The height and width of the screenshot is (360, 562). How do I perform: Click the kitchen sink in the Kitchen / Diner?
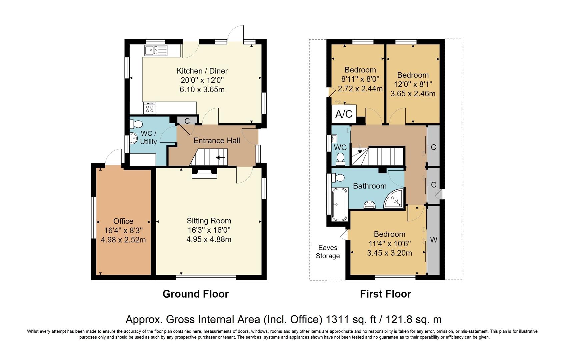pos(156,51)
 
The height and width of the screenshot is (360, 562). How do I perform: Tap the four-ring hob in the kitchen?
pos(150,108)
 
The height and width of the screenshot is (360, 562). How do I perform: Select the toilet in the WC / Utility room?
pos(136,124)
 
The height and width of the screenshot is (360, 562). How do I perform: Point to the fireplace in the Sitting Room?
pos(204,173)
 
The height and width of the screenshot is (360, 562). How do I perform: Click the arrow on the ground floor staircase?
pos(221,158)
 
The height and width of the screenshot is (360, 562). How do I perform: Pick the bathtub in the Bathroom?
pos(340,204)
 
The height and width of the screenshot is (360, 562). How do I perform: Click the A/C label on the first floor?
pos(344,114)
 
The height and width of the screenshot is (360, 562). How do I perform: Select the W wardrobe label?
pos(434,240)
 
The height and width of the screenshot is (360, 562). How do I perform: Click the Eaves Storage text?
pos(328,252)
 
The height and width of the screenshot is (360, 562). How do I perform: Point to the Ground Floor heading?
pos(195,294)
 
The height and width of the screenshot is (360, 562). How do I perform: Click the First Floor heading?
pos(385,294)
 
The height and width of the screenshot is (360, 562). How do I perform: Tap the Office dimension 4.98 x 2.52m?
pos(123,240)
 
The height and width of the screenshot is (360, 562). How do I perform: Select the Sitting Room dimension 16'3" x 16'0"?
pos(209,230)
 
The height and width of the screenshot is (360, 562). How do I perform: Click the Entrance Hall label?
pos(217,140)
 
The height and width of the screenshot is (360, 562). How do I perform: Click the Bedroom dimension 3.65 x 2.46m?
pos(413,94)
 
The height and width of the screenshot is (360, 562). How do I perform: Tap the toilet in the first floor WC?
pos(340,159)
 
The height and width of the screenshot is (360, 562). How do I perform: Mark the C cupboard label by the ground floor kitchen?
pos(187,121)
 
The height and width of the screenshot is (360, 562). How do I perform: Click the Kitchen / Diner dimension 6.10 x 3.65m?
pos(202,90)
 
